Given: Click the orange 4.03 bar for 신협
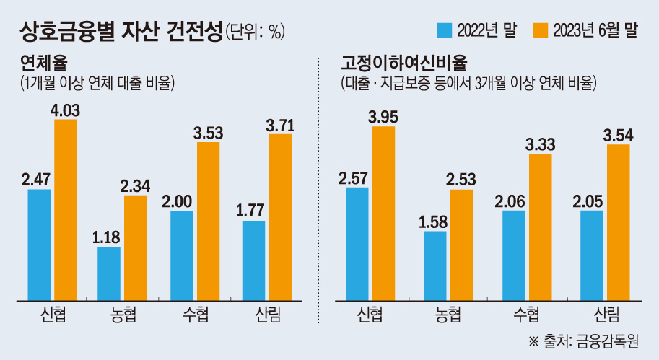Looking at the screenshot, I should coord(66,209).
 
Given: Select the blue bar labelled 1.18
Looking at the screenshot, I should coord(108,273).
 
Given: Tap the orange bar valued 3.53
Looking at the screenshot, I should coord(208,220).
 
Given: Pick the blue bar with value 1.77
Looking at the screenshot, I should coord(253,260).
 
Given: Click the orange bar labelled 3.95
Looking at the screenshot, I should coord(383,213).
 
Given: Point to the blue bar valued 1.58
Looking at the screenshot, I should coord(435,265).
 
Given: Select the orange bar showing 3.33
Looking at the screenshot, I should coord(540,226).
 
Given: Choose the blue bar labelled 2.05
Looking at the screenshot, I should coord(591,255).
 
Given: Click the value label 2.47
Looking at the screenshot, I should coord(35,177).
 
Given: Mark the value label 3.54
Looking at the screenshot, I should coord(618,133).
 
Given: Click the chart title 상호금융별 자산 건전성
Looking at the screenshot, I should coord(119,30).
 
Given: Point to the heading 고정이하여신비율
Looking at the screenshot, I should coord(390,62).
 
